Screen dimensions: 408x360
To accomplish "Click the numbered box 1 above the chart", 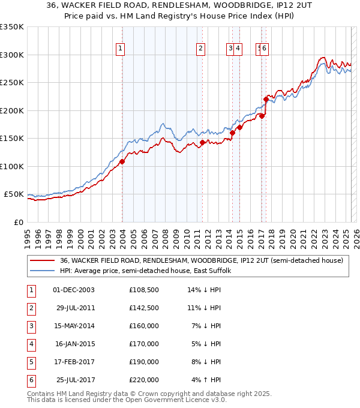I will tap(121, 49).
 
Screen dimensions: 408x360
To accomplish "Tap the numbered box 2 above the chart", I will tap(200, 49).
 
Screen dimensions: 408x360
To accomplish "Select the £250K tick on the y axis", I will tap(13, 83).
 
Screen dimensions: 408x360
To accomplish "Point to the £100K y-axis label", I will tap(13, 166).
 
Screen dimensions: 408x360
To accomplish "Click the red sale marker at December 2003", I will tap(122, 161).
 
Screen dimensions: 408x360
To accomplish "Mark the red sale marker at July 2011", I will tap(203, 142).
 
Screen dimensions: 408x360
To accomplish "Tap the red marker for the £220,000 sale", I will tap(266, 99).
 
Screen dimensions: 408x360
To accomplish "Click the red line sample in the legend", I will tap(43, 260).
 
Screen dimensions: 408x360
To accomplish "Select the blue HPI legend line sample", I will tap(43, 271).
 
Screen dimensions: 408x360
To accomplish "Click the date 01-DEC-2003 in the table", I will tap(74, 290).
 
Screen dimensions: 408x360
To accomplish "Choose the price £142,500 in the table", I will tap(144, 308).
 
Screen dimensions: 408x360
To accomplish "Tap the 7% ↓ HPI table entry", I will tap(206, 326).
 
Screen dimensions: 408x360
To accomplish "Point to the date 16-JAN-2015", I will tap(74, 344).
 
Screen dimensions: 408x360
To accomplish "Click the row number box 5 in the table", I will tap(31, 362).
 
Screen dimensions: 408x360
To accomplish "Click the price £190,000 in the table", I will tap(144, 362).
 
